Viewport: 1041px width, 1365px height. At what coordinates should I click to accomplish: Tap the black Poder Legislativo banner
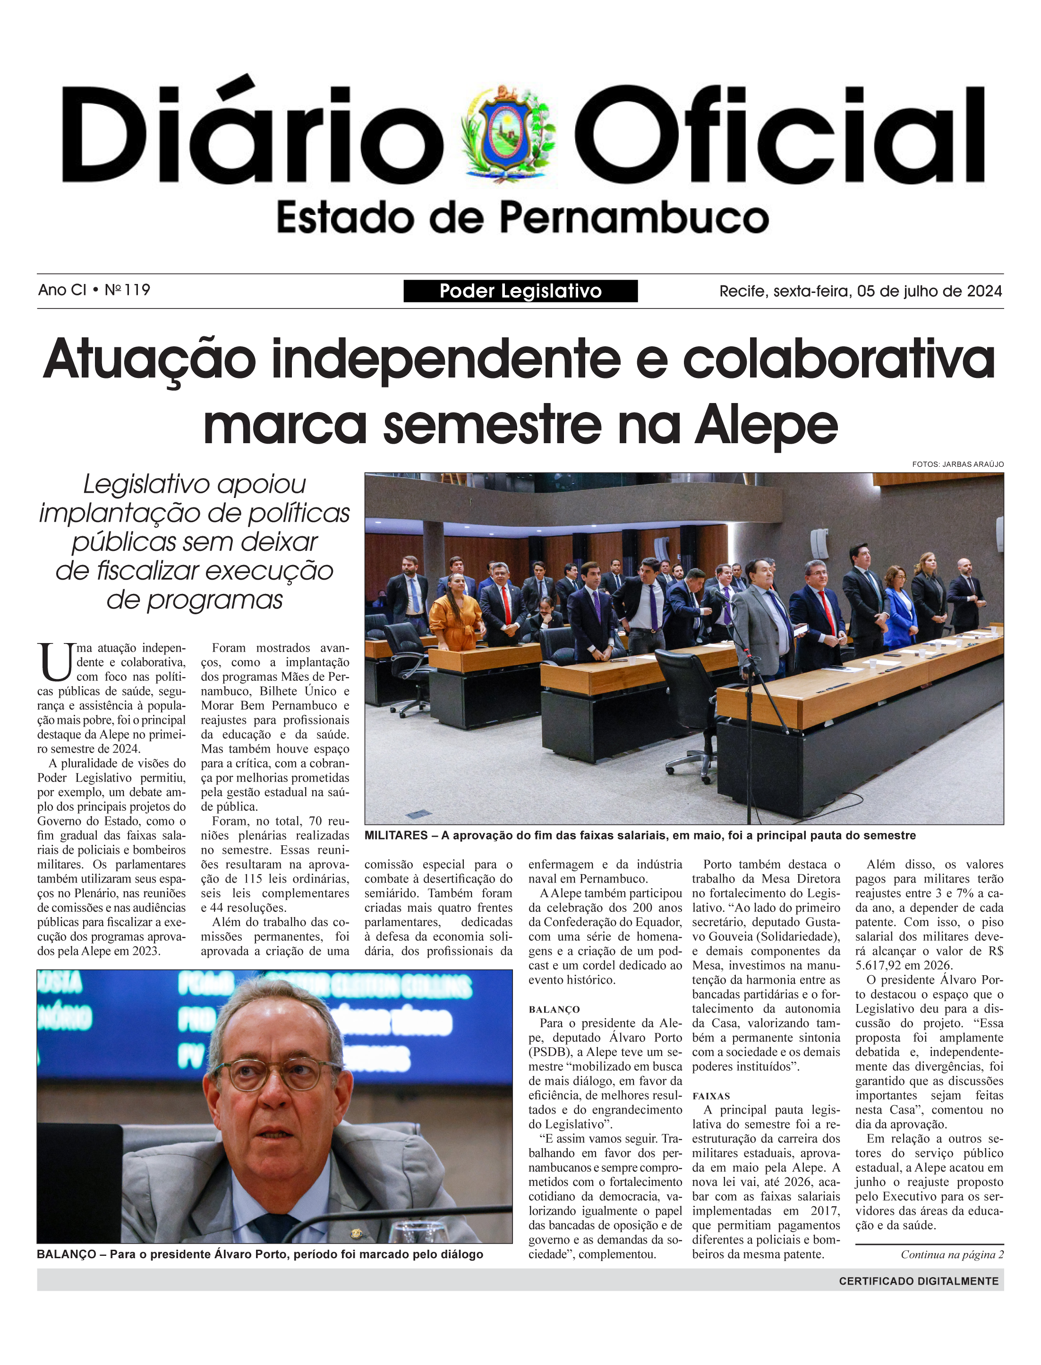[520, 291]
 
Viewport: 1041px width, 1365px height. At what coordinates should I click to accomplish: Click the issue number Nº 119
[127, 290]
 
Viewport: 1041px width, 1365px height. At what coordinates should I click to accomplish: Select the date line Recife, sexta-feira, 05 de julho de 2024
[860, 291]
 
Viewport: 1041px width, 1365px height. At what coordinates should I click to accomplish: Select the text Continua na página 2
[952, 1254]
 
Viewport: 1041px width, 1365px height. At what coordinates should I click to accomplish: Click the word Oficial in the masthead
[779, 135]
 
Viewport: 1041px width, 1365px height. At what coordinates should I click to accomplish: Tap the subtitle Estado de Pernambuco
[522, 218]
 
